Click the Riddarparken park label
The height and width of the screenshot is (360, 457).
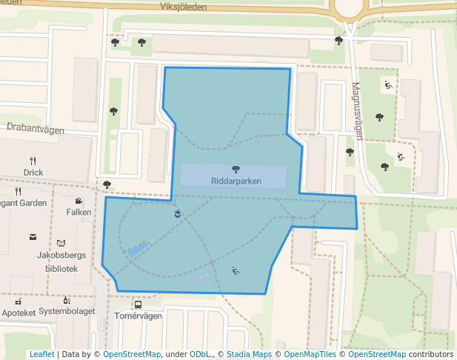pos(236,181)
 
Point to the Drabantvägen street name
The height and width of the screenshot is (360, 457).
pos(35,128)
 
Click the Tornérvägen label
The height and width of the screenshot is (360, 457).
pos(138,316)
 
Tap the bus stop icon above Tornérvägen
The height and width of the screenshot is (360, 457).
pos(138,304)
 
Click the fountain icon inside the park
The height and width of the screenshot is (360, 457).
pos(176,214)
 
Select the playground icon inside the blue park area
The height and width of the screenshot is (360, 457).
pos(236,271)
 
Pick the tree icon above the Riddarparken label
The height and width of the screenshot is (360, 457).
pos(236,170)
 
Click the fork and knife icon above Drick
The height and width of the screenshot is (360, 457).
pos(33,161)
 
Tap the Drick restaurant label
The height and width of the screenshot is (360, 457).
pos(33,173)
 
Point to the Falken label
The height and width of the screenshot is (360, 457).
pos(79,212)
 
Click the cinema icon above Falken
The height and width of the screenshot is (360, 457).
pos(79,201)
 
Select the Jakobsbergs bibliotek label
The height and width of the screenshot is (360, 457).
pos(61,261)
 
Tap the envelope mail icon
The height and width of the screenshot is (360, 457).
pos(33,237)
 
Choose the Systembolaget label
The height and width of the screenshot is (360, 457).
pos(67,311)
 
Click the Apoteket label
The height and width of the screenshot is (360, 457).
pos(19,313)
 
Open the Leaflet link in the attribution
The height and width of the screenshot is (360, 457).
pos(41,355)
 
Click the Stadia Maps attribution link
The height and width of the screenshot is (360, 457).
pos(249,355)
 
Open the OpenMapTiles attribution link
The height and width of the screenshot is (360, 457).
pos(307,355)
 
